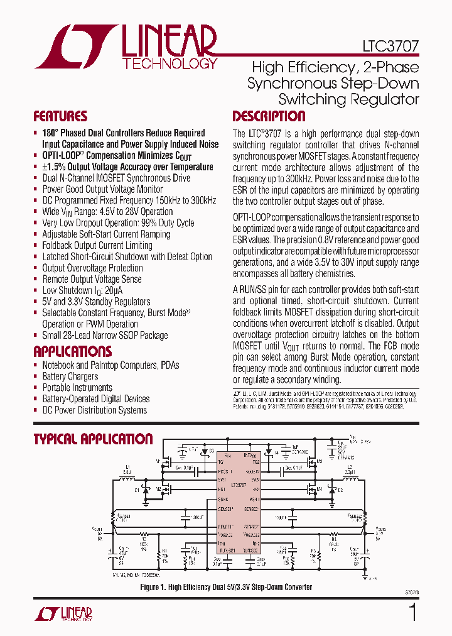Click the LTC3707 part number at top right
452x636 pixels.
(390, 46)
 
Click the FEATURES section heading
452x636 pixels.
(60, 116)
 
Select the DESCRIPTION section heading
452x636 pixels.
(269, 116)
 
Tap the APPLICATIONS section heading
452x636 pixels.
(72, 351)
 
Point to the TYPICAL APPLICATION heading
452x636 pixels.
(93, 439)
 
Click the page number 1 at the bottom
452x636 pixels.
(412, 612)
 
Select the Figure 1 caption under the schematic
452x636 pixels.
(227, 587)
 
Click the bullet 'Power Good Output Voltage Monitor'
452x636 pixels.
(102, 189)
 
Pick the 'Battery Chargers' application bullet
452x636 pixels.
(70, 376)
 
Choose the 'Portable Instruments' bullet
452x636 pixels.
(77, 388)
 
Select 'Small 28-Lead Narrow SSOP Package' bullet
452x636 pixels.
(105, 336)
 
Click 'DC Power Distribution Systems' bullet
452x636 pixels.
(94, 410)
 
